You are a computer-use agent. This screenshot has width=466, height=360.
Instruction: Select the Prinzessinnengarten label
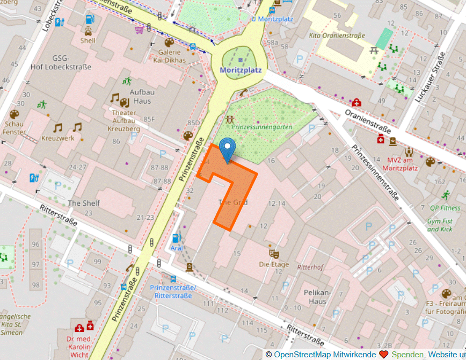262,127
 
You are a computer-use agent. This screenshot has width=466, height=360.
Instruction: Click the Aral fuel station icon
176,238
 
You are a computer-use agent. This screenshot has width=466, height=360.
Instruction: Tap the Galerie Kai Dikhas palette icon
169,42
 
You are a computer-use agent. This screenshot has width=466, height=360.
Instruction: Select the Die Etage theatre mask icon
274,253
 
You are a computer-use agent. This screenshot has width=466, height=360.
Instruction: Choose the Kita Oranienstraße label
337,35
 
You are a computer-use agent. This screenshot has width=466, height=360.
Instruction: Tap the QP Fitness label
445,208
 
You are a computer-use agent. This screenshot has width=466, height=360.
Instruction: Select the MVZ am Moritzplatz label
410,164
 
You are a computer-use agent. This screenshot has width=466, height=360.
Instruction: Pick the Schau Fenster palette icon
14,114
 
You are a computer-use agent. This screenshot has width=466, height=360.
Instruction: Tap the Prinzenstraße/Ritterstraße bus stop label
173,292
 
